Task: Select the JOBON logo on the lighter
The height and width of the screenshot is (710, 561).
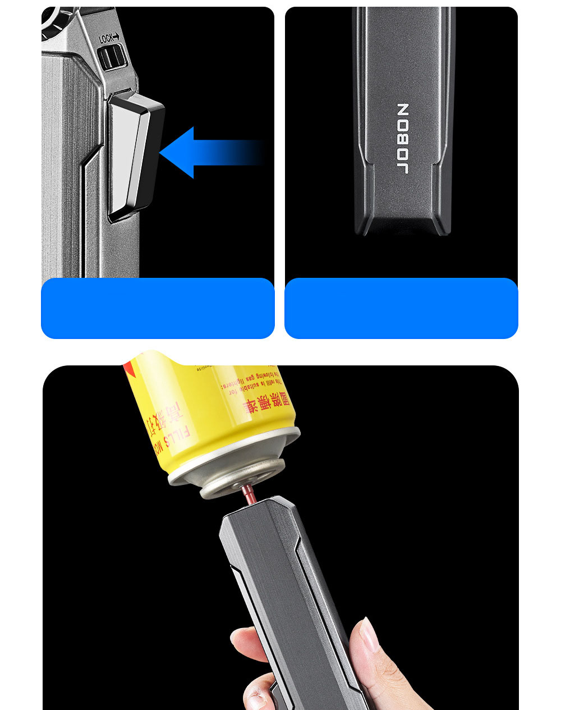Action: tap(403, 139)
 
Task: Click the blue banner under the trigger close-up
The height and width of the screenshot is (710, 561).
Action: tap(158, 308)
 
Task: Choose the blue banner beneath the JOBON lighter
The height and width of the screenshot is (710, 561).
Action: tap(401, 308)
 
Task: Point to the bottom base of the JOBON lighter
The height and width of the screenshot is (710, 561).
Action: tap(403, 225)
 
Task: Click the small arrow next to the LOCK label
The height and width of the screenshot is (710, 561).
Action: tap(117, 38)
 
